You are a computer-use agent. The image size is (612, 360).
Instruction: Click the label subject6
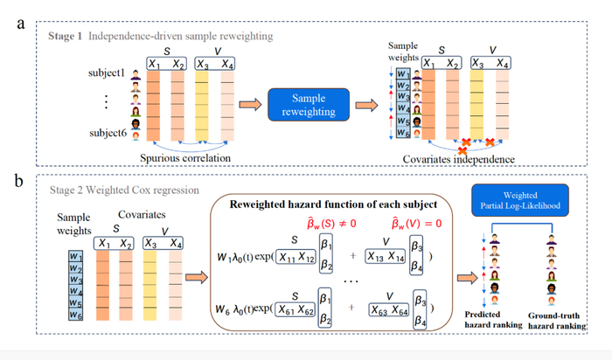(x=108, y=133)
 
